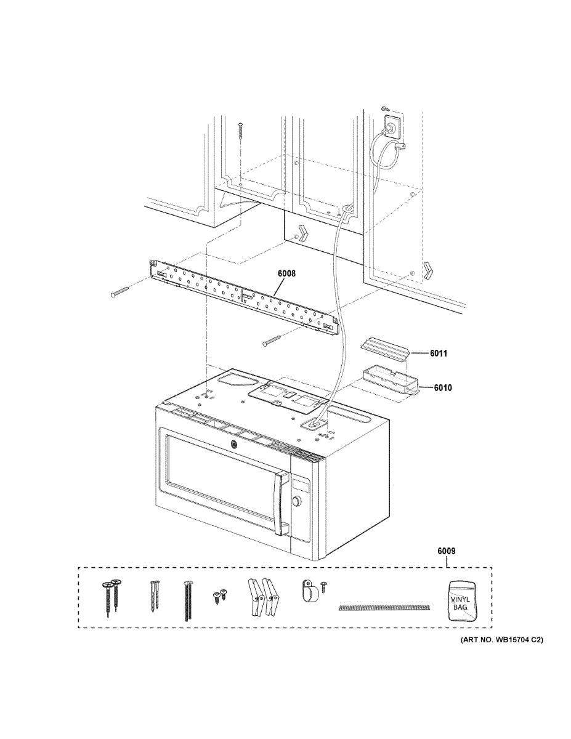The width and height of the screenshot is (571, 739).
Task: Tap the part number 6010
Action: (x=443, y=388)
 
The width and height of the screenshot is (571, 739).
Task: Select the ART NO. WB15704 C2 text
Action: (x=501, y=640)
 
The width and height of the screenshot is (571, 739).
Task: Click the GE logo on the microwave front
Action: (x=234, y=446)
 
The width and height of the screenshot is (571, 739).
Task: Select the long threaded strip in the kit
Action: (x=383, y=608)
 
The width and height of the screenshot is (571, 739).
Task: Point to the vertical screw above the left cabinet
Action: (x=241, y=131)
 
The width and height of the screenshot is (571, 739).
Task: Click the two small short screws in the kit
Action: (x=220, y=595)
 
